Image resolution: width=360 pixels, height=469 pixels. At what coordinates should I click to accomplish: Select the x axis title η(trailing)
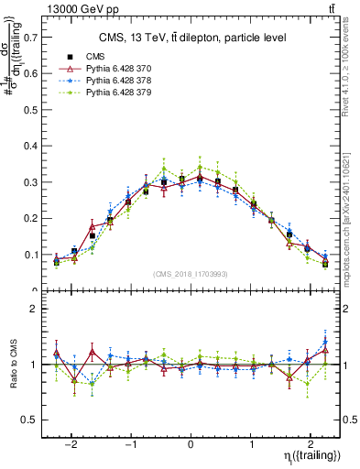pos(311,455)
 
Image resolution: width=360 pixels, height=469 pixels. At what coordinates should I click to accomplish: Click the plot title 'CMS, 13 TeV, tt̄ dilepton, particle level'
pos(193,38)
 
